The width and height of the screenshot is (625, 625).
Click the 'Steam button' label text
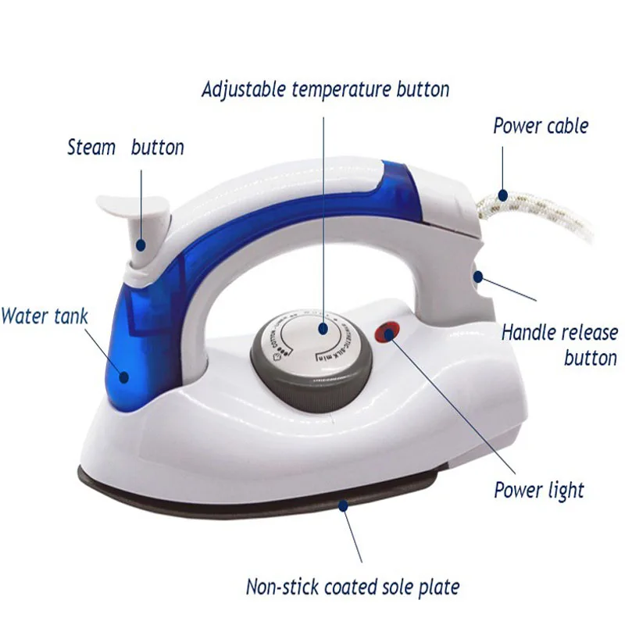(x=126, y=147)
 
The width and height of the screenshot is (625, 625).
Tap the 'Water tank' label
(x=45, y=316)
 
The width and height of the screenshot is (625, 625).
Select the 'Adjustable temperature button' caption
(x=325, y=89)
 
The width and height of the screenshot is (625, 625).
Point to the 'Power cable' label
(x=541, y=126)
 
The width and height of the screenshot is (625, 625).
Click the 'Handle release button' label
(x=559, y=345)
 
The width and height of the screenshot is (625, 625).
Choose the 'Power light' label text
(x=539, y=491)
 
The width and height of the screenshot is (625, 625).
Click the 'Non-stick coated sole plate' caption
(x=352, y=586)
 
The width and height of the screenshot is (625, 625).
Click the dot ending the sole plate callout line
(x=341, y=506)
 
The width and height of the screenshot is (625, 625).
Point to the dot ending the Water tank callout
(x=123, y=377)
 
